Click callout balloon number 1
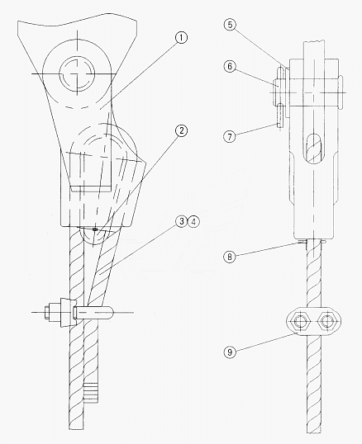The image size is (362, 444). coord(181,37)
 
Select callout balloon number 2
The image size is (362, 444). coord(181,130)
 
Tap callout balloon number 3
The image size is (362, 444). coord(182,221)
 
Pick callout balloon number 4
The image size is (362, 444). coord(193,221)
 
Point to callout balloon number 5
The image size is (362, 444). coord(230,25)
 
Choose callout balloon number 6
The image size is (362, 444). coord(230,66)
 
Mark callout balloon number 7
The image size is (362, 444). coord(230,137)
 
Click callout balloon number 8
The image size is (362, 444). coord(230,257)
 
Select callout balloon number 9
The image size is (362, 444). coord(230,352)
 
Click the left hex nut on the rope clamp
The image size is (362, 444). coord(300,321)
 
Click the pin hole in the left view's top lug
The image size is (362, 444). coord(77,73)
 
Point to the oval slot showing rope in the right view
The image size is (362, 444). coord(314,148)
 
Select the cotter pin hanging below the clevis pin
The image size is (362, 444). coord(280,116)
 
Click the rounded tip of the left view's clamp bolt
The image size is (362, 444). coord(111,313)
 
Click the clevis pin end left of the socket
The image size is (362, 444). coord(277,91)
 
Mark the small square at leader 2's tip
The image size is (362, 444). coord(95,229)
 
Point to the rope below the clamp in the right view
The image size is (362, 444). coord(314,387)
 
